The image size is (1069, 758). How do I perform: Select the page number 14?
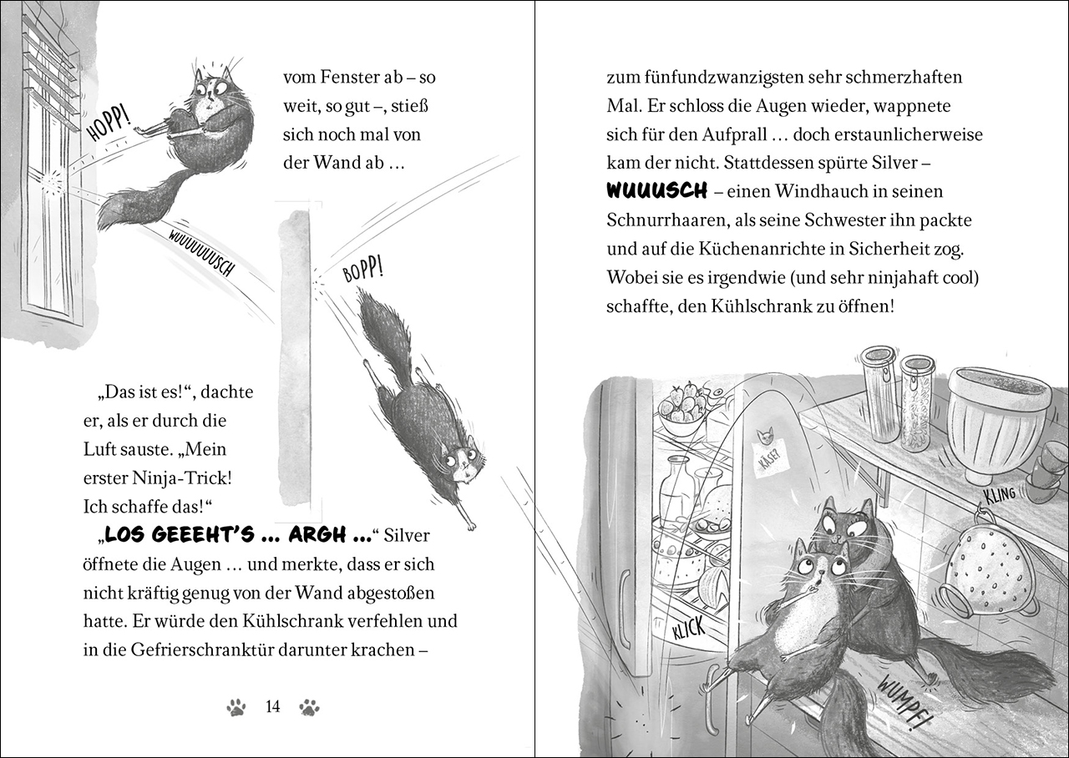coord(272,707)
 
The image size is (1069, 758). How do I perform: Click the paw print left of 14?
coord(237,708)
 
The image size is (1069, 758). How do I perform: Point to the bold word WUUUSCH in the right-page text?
coord(656,191)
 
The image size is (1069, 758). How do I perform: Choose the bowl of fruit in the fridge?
coord(680,410)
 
